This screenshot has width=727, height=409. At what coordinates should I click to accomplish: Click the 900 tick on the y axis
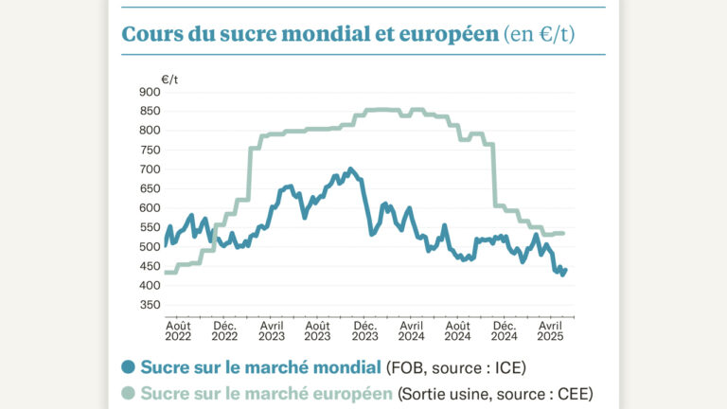149,92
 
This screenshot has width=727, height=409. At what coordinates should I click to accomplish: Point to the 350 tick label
149,305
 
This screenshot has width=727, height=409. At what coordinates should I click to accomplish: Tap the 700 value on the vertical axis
149,169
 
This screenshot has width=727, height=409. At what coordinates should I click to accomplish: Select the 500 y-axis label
149,247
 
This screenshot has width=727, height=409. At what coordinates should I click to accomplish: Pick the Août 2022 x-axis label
178,329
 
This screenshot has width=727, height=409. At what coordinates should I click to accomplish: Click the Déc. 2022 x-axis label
224,329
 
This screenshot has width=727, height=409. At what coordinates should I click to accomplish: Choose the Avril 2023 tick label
272,329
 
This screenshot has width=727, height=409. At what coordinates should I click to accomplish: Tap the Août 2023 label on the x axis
318,329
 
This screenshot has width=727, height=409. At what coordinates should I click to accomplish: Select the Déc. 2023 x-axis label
365,329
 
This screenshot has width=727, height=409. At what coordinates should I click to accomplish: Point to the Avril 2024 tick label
412,329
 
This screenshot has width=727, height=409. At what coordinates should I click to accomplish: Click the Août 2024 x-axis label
458,329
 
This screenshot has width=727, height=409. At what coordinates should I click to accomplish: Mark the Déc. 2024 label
505,329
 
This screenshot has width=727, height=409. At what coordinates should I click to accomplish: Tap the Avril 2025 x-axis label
551,329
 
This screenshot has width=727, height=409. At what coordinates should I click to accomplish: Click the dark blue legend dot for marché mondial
128,367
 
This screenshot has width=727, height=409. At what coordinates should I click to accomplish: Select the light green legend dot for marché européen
128,393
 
